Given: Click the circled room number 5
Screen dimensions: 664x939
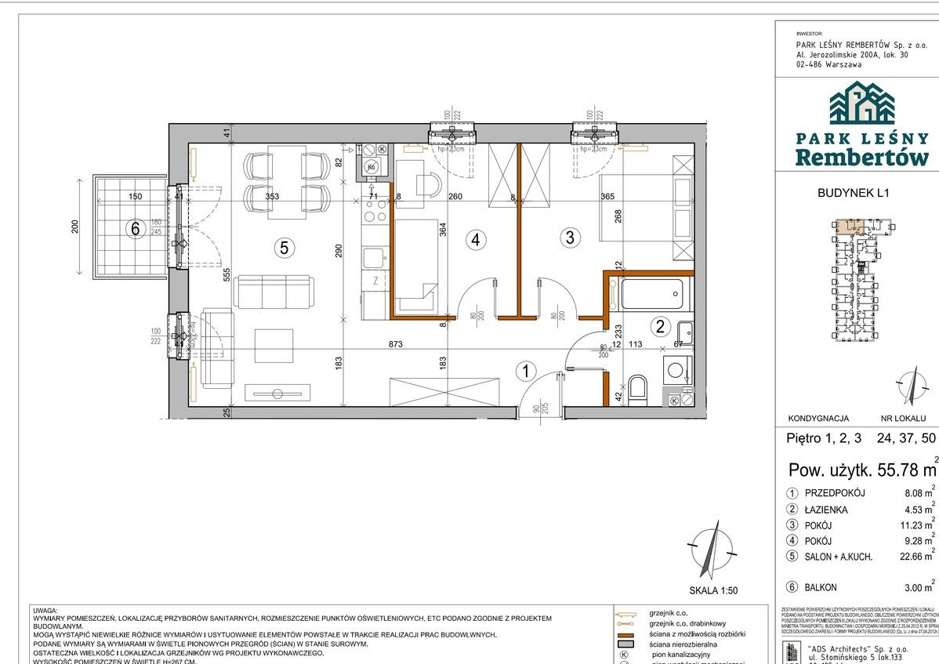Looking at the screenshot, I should [285, 248].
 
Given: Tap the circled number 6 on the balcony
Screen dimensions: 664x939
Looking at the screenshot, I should [135, 229].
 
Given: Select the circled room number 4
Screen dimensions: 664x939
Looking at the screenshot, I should [473, 241].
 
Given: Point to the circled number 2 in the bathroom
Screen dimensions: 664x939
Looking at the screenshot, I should [659, 327].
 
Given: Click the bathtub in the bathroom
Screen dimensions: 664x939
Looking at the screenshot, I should [651, 295].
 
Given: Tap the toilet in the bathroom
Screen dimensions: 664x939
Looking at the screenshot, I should [637, 390].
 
